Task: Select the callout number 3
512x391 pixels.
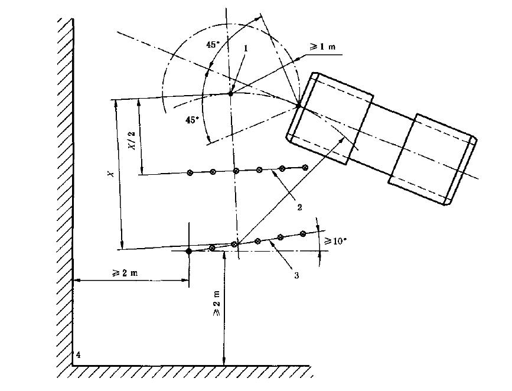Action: pos(295,274)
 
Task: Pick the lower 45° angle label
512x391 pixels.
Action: pos(192,120)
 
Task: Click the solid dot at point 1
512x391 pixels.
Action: pos(231,93)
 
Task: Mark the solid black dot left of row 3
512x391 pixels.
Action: pos(188,251)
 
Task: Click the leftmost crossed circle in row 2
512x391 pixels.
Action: pos(190,173)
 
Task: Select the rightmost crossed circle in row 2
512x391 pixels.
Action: pos(305,168)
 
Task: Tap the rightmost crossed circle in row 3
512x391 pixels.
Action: pos(303,234)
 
